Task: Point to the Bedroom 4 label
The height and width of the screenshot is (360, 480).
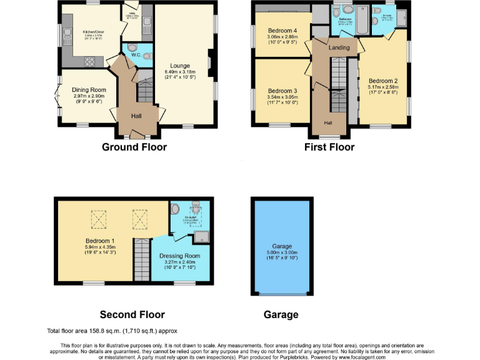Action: point(282,30)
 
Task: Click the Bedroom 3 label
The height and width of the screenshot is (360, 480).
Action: point(282,91)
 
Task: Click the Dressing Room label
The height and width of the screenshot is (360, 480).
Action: point(179,256)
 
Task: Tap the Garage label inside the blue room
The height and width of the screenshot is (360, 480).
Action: point(282,246)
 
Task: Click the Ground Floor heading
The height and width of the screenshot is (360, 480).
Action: point(134,147)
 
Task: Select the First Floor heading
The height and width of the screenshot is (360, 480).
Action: point(329,147)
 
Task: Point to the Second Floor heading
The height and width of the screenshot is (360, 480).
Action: point(132,314)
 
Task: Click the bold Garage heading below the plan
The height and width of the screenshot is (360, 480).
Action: point(281,314)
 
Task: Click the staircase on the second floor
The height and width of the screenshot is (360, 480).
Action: point(142,260)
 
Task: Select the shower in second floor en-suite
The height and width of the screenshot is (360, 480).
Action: point(202,236)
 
